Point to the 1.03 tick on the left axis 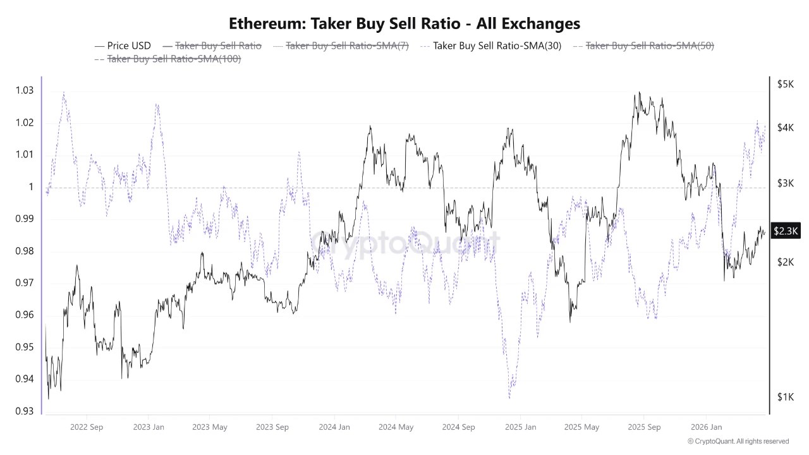(x=24, y=90)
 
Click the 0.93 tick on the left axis (x=24, y=411)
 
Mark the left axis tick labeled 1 (x=30, y=187)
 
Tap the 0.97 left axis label (x=24, y=283)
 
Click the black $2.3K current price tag (x=786, y=232)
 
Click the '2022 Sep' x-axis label (x=88, y=427)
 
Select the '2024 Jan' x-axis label (x=334, y=427)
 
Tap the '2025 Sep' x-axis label (x=644, y=427)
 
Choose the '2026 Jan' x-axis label (x=706, y=427)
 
